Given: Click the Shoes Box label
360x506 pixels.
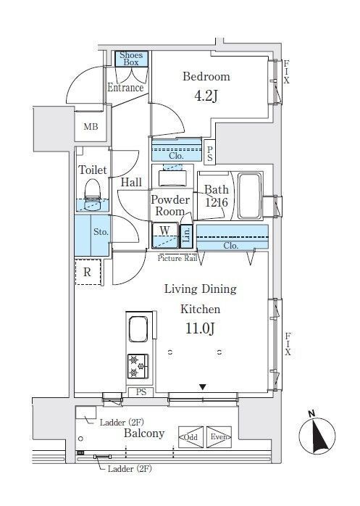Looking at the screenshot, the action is [x=131, y=59].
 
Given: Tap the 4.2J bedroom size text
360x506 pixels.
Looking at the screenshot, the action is [x=206, y=96].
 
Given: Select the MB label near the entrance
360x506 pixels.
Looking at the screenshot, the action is [x=91, y=127].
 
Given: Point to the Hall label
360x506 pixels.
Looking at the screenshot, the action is [x=131, y=183].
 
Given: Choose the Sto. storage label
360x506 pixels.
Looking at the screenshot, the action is [x=101, y=232].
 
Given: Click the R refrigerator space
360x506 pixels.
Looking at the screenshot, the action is [x=88, y=272].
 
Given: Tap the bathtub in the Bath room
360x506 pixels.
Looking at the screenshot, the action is [x=249, y=196].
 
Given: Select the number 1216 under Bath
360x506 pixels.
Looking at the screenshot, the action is [x=217, y=203].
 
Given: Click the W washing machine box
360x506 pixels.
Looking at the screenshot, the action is [x=165, y=236].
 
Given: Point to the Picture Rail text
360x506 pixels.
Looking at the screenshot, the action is [x=177, y=258].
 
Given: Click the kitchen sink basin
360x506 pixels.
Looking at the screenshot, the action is [x=138, y=329].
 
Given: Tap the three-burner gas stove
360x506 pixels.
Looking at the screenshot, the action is [x=138, y=366].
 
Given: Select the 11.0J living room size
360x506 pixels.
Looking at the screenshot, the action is [x=200, y=328].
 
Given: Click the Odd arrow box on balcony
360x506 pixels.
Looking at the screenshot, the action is [x=191, y=437].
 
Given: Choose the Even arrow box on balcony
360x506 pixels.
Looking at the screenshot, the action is [x=219, y=437].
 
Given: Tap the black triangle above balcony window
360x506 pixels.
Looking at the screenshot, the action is [x=202, y=386].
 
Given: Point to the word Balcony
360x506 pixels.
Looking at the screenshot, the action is [x=144, y=434].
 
